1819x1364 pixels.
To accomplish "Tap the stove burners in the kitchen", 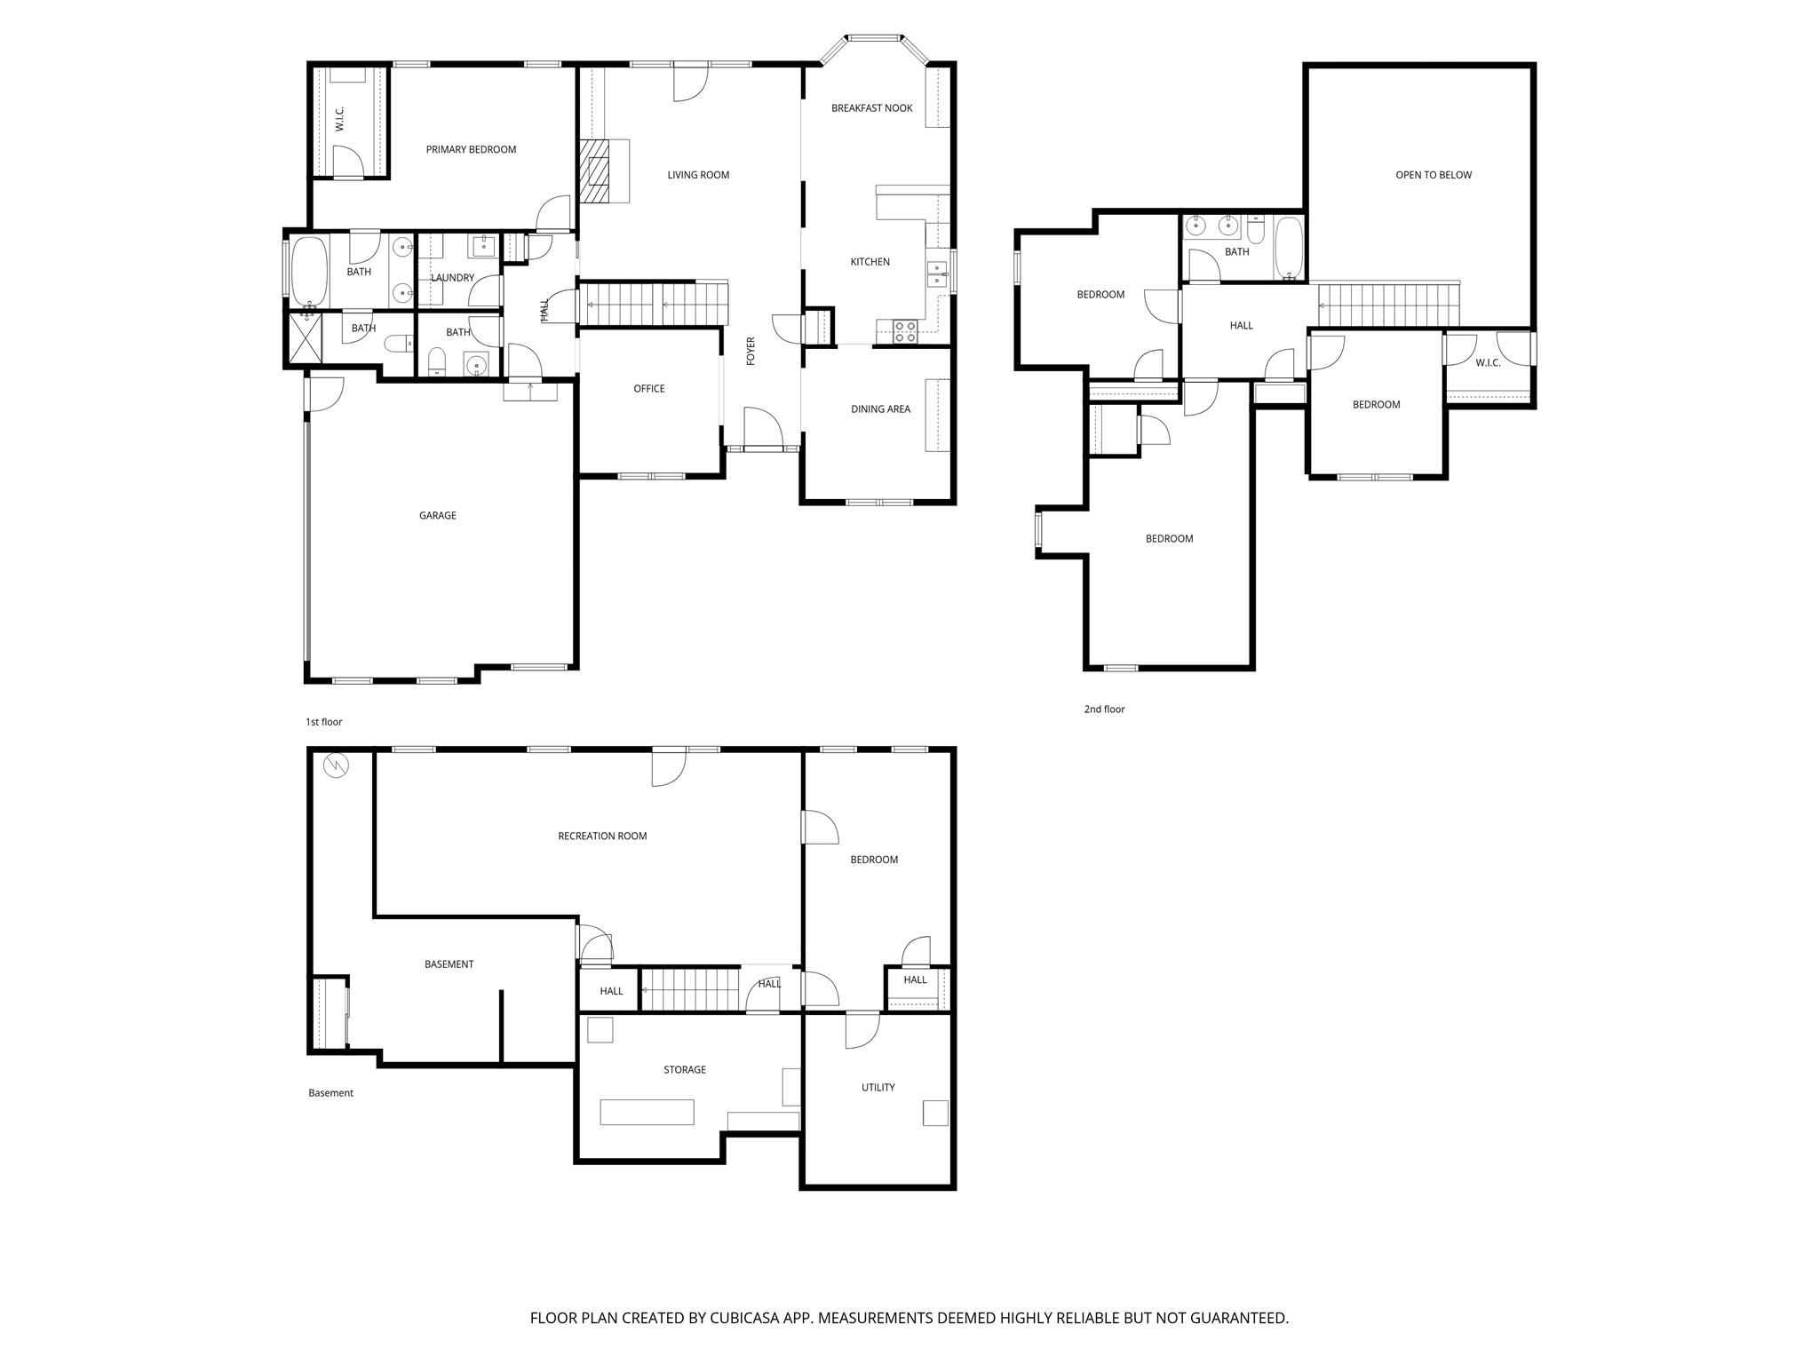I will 905,332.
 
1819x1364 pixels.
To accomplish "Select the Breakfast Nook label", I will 871,108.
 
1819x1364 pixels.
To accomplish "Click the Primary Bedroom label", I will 471,149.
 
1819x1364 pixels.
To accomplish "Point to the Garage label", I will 437,515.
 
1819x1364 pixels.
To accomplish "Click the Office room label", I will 648,389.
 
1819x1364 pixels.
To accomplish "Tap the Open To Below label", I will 1433,175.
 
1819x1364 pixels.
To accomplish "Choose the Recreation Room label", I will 602,836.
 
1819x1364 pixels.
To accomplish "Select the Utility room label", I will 878,1087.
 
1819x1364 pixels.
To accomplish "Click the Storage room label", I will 684,1070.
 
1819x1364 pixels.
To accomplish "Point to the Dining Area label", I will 880,409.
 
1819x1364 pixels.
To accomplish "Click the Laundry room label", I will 452,278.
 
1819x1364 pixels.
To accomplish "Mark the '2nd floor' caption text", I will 1104,710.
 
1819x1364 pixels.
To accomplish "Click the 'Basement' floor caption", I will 330,1093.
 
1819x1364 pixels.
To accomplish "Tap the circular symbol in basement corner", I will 336,765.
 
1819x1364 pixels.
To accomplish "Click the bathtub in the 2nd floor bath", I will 1288,248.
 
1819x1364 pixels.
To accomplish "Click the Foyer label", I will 751,351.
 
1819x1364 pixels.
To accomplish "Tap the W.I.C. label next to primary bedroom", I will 339,119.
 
